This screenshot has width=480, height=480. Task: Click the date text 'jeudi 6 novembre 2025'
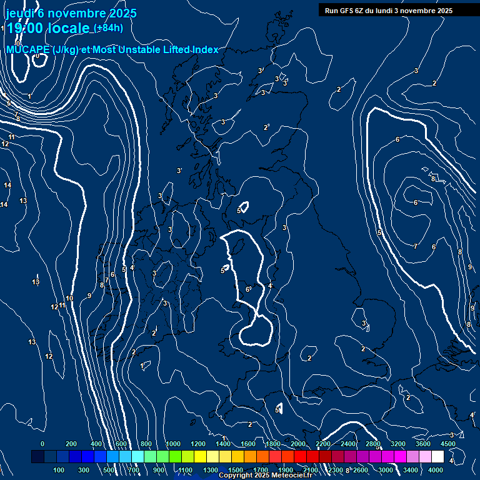[x=71, y=13]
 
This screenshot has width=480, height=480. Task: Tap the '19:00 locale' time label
[x=47, y=28]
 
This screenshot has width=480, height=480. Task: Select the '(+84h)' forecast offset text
[x=108, y=28]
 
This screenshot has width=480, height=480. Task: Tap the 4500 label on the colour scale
[x=448, y=444]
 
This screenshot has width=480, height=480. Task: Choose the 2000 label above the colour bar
[x=298, y=444]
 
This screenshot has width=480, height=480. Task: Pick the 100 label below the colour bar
[x=59, y=470]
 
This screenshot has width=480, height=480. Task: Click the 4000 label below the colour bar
[x=436, y=470]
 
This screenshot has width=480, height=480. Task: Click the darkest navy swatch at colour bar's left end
[x=37, y=457]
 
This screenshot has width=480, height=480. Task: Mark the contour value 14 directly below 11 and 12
[x=7, y=185]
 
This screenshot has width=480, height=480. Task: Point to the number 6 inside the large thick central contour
[x=247, y=289]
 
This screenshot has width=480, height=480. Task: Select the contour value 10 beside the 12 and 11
[x=69, y=298]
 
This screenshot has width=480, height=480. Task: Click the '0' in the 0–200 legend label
[x=42, y=444]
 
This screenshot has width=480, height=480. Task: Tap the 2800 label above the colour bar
[x=373, y=444]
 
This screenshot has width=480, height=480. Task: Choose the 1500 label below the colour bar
[x=236, y=470]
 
